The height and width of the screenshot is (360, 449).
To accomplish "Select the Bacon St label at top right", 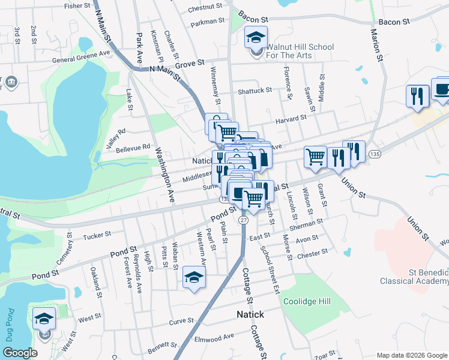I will (x=393, y=21).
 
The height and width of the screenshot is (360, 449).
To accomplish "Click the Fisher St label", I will (x=77, y=6).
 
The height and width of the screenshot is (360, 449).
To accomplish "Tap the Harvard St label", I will (x=291, y=119).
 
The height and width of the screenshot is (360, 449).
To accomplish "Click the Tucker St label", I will (x=97, y=236).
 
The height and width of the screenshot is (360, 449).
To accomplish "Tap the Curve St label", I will (x=181, y=322).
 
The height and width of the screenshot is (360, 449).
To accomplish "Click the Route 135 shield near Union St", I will (x=373, y=155).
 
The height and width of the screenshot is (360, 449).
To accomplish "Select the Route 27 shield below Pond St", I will (x=243, y=220).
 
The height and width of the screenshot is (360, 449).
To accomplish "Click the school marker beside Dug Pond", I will (x=44, y=318).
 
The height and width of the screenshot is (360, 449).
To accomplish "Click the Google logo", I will (x=20, y=353).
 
